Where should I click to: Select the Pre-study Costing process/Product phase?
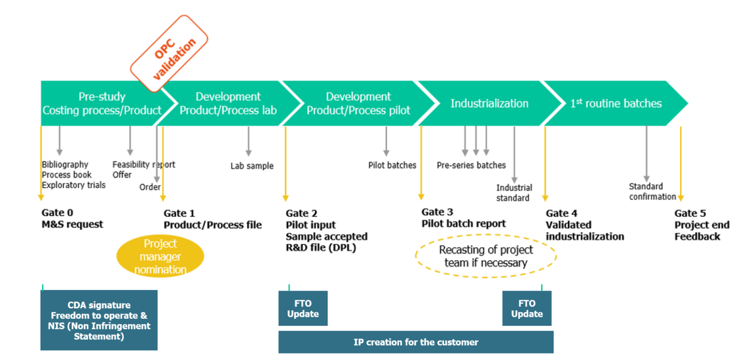(102, 104)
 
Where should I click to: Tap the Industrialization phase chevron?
(489, 104)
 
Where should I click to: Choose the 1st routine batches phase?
(615, 104)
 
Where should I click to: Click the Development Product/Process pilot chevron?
(358, 104)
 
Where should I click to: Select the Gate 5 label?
(690, 213)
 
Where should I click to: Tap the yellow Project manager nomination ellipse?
(160, 256)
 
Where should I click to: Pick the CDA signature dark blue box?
(99, 320)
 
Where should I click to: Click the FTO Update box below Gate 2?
(303, 309)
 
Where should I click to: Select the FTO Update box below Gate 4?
(527, 309)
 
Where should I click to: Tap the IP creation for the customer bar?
(416, 342)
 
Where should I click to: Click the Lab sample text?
(252, 166)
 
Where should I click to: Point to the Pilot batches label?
(392, 166)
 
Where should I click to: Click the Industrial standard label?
(514, 193)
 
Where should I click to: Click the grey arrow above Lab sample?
(248, 142)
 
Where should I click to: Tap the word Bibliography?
(65, 165)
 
